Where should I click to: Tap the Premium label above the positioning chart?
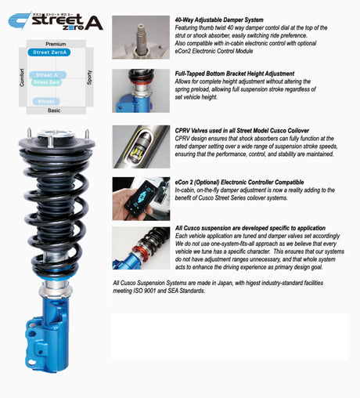click(56, 44)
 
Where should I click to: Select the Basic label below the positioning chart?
click(54, 110)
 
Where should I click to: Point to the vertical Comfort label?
click(22, 78)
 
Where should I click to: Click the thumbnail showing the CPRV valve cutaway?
click(140, 147)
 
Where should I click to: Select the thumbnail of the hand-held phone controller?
click(140, 197)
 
